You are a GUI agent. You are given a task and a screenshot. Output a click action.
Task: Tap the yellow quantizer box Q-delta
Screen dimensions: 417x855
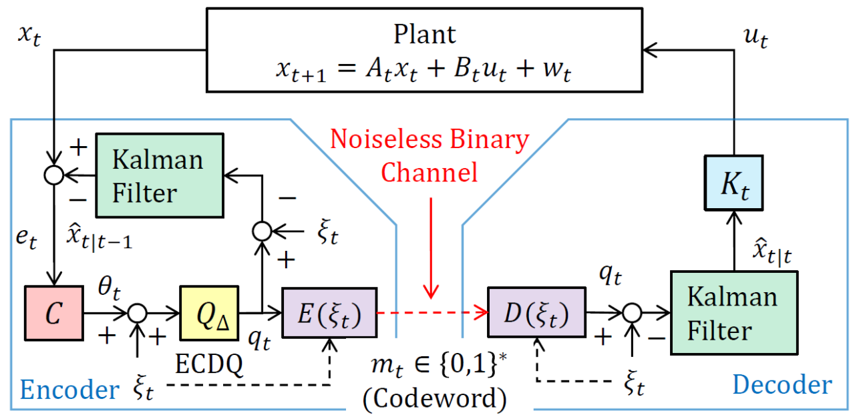209,312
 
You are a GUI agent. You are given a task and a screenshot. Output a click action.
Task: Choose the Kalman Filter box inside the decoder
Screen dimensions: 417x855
733,312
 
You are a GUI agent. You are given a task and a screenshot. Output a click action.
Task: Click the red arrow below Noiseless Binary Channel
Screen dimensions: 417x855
433,247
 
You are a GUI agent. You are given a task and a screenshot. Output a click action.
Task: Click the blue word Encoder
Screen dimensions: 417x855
70,388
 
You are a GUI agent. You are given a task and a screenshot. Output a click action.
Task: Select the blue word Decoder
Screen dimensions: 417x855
782,385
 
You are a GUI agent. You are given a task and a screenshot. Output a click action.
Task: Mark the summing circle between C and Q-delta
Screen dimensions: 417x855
137,312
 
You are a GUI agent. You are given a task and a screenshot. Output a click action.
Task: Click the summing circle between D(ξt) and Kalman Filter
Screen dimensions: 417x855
632,312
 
